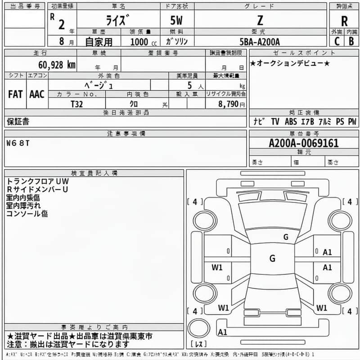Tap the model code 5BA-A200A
(x=260, y=41)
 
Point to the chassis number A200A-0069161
(x=304, y=143)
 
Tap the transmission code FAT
(x=15, y=94)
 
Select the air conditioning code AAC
(x=36, y=94)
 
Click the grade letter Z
(x=260, y=21)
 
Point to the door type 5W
(x=177, y=21)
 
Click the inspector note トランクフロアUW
(x=36, y=181)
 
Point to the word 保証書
(x=18, y=121)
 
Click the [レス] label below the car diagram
(x=198, y=344)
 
